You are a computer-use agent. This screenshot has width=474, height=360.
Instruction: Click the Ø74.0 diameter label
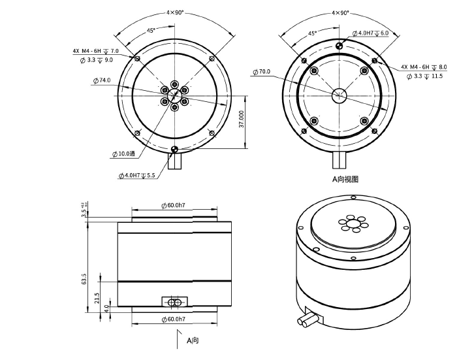tap(103, 80)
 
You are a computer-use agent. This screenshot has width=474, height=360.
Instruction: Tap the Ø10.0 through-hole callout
tap(123, 154)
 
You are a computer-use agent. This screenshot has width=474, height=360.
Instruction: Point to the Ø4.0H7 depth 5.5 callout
tap(137, 176)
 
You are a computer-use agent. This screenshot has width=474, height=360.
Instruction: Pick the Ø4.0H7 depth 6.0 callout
tap(371, 33)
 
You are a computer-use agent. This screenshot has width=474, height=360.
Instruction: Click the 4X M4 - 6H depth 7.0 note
tap(95, 50)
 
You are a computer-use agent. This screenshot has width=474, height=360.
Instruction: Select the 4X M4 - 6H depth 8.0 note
tap(424, 67)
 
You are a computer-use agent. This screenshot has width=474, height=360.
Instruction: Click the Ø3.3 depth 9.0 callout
tap(95, 59)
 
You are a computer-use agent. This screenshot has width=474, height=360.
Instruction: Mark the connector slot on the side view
tap(174, 303)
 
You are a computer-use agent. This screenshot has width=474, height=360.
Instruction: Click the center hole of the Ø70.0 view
tap(339, 94)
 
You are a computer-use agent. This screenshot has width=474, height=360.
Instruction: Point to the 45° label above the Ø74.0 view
tap(151, 30)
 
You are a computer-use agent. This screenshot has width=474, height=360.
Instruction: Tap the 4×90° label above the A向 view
tap(340, 12)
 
